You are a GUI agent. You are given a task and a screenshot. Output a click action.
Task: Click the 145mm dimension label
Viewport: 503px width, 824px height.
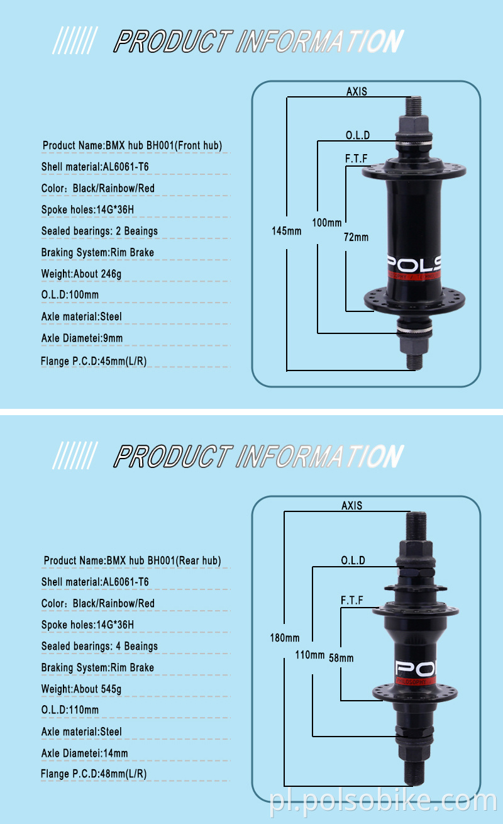[x=287, y=231]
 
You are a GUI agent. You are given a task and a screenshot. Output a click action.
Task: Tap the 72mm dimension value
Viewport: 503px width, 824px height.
[x=356, y=237]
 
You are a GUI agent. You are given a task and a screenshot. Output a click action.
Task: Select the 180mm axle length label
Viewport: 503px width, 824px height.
[x=285, y=637]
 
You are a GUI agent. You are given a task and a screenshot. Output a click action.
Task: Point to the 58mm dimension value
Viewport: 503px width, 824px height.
[x=341, y=658]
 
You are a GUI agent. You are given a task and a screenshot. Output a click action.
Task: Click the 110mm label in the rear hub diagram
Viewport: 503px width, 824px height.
[x=309, y=654]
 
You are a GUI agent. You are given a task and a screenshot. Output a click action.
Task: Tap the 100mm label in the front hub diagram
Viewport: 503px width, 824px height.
[x=326, y=223]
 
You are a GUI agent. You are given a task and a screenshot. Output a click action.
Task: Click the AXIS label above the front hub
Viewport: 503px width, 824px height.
[x=357, y=91]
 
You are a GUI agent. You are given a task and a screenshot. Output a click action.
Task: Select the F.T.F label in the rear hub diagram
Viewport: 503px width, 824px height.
[x=352, y=600]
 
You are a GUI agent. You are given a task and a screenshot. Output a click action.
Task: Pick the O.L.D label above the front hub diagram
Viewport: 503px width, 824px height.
[x=357, y=135]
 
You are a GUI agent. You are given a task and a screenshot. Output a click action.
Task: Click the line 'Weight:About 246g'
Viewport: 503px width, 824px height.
[x=81, y=274]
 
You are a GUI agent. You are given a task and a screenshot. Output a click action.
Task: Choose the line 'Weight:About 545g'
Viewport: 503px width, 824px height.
[x=81, y=689]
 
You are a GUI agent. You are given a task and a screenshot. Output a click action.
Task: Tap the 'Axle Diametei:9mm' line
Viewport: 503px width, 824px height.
[x=82, y=338]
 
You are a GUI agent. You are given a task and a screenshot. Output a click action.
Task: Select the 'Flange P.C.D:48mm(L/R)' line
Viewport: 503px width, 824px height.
[x=94, y=774]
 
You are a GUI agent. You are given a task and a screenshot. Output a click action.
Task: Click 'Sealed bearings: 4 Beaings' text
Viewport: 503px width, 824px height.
[x=99, y=646]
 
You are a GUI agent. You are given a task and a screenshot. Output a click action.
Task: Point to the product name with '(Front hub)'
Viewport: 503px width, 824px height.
[x=133, y=146]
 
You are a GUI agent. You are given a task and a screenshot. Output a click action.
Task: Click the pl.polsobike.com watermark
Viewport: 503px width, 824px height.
[x=383, y=801]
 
